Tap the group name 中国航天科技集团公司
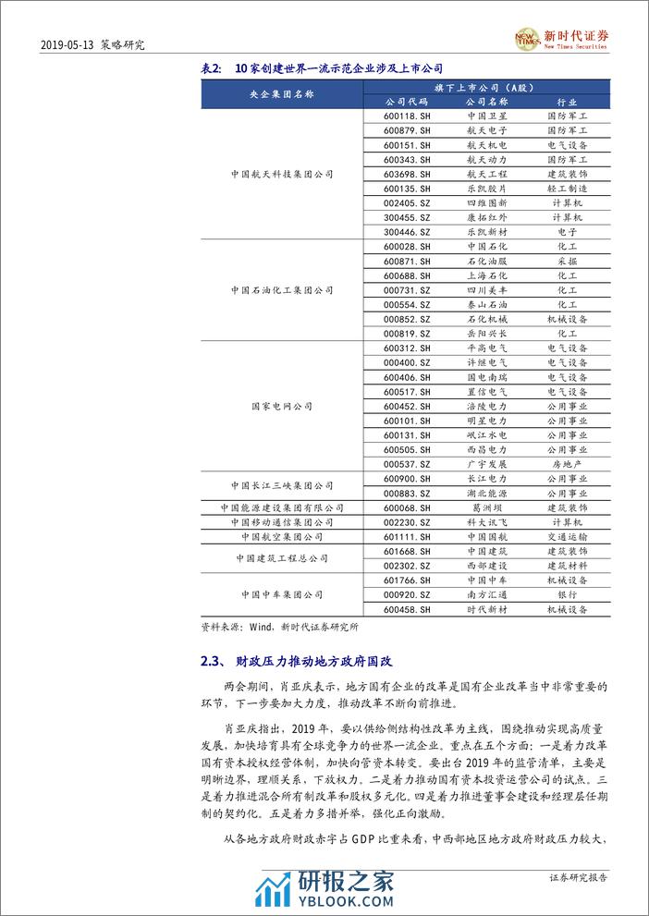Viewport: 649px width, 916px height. [282, 174]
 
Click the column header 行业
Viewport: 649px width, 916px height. [567, 102]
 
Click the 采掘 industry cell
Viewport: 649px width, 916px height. [567, 262]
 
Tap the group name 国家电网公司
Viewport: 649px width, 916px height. [282, 406]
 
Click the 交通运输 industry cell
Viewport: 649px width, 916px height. [567, 536]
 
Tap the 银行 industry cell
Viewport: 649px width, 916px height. [567, 594]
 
